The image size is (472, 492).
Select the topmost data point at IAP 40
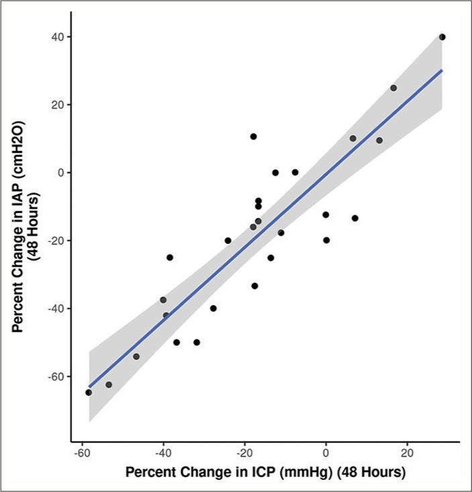tap(442, 37)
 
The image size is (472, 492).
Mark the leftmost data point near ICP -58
tap(88, 392)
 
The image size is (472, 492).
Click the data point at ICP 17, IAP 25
tap(394, 88)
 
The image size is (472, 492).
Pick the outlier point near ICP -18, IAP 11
tap(253, 137)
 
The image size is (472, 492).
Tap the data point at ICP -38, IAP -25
tap(170, 257)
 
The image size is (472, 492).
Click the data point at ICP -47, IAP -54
tap(136, 357)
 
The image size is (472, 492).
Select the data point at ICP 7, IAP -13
tap(355, 218)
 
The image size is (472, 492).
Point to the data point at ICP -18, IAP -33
tap(255, 286)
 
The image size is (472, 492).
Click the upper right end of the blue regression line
tap(442, 70)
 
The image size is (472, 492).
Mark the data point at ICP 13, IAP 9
tap(379, 140)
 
